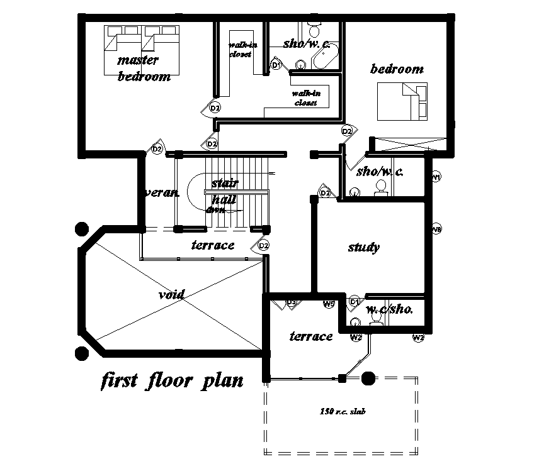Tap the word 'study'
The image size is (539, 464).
364,248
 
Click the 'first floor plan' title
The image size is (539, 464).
171,382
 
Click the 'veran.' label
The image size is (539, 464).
162,193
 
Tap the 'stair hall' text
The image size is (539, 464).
224,191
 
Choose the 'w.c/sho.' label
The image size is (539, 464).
390,309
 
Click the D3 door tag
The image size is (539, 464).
292,303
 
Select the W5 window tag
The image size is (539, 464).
329,305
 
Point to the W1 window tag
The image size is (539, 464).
436,178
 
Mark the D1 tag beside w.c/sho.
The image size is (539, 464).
355,302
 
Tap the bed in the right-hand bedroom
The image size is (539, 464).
401,102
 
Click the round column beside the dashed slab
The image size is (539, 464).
368,378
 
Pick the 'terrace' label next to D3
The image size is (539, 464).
311,336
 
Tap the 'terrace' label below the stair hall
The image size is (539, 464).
213,245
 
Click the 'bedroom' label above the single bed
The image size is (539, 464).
397,69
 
